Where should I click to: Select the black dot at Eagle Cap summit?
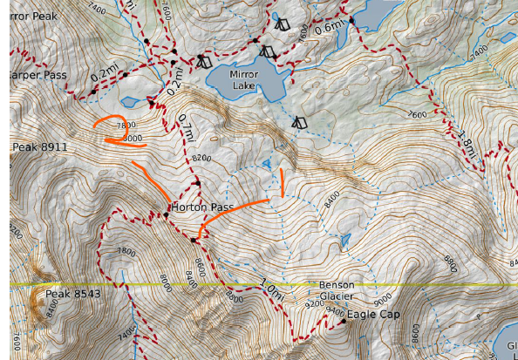tap(344, 321)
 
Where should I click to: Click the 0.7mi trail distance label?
tap(184, 129)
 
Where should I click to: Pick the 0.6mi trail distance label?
tap(329, 28)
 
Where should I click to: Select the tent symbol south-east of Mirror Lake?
tap(299, 123)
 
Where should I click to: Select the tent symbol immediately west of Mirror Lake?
tap(203, 62)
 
